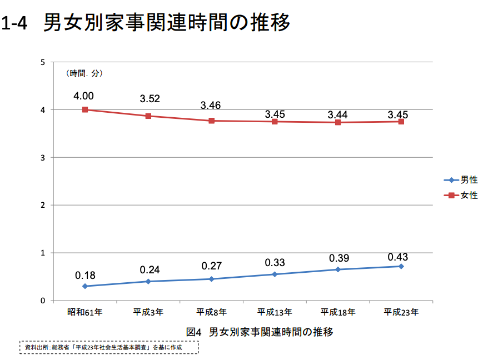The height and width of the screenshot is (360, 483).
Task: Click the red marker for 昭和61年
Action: (x=85, y=109)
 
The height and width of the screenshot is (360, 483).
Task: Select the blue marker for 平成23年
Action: (x=401, y=266)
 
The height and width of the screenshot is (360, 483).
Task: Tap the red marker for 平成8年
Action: (x=212, y=121)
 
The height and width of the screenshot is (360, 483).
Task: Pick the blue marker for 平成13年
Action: (x=275, y=274)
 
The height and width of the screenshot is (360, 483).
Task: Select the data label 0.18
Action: (x=86, y=275)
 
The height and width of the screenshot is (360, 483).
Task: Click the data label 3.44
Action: (x=337, y=115)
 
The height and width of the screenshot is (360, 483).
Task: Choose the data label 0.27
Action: (x=212, y=266)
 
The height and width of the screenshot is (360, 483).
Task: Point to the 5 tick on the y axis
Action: (x=43, y=62)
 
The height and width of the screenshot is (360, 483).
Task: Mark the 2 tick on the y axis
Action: (x=43, y=205)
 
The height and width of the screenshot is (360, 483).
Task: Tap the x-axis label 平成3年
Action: (x=148, y=313)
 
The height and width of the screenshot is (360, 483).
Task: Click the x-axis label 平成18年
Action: (x=337, y=313)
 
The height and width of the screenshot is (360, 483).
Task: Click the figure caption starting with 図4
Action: (x=260, y=332)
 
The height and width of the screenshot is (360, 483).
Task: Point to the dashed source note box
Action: (x=109, y=348)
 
